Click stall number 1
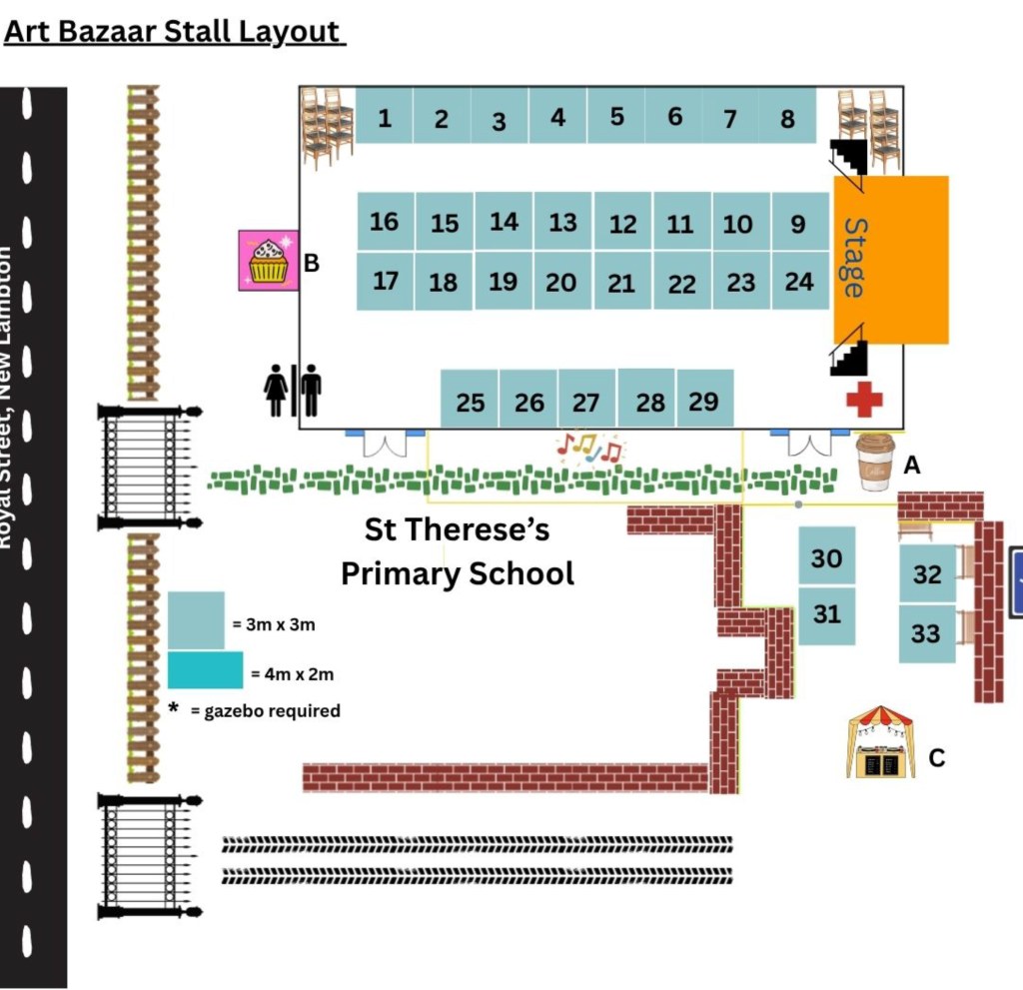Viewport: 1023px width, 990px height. (385, 116)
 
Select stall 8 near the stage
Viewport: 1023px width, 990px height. (788, 116)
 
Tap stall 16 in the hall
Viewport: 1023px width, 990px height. (385, 221)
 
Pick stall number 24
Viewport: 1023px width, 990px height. (799, 282)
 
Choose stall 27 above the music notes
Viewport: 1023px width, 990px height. (586, 401)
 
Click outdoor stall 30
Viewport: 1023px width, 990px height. (827, 556)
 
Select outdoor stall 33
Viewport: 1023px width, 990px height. (927, 632)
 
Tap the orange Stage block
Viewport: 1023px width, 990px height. (891, 259)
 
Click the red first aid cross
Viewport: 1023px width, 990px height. (864, 400)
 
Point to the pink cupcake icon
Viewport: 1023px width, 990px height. (267, 261)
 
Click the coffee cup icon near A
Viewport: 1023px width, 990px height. (876, 462)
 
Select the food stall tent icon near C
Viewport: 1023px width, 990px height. (882, 743)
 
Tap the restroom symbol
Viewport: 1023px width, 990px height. (293, 390)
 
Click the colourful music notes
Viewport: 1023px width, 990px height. (589, 450)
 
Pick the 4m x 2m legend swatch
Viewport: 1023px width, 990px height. (205, 670)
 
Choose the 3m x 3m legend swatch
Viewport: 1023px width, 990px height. (196, 620)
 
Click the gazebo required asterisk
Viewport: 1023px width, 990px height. (173, 709)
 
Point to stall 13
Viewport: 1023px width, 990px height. (562, 221)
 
